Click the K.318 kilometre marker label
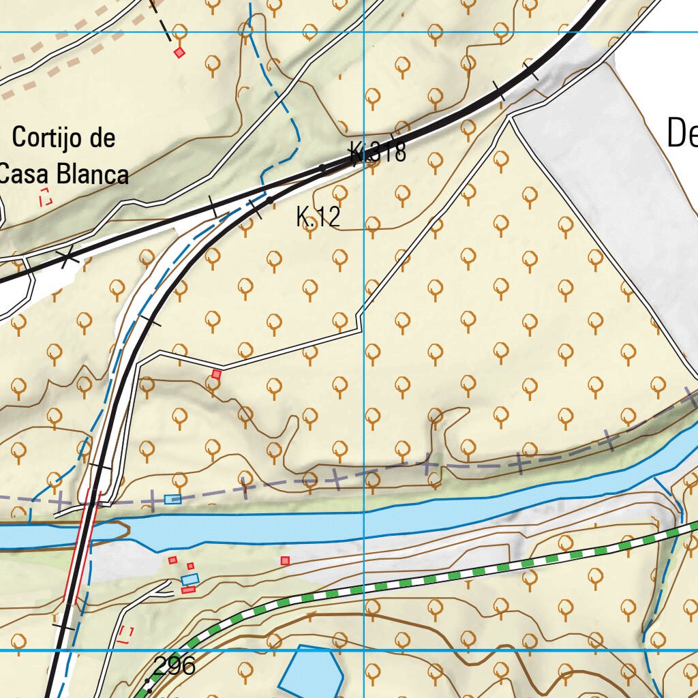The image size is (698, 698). pyautogui.click(x=378, y=152)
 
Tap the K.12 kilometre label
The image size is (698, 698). pyautogui.click(x=318, y=217)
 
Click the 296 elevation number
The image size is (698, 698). pyautogui.click(x=174, y=665)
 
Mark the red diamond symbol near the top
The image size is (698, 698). pyautogui.click(x=179, y=52)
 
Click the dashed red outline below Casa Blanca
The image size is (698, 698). pyautogui.click(x=46, y=198)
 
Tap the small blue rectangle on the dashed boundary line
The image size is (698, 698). pyautogui.click(x=173, y=500)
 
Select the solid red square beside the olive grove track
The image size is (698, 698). pyautogui.click(x=217, y=374)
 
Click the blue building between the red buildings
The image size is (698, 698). pyautogui.click(x=190, y=579)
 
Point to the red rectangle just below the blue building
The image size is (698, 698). pyautogui.click(x=189, y=590)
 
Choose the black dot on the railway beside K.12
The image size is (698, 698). pyautogui.click(x=271, y=199)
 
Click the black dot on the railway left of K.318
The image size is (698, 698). pyautogui.click(x=323, y=167)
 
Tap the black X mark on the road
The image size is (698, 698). pyautogui.click(x=67, y=258)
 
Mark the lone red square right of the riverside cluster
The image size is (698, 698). pyautogui.click(x=285, y=560)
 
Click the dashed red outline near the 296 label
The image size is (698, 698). pyautogui.click(x=125, y=635)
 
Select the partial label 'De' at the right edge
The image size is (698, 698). pyautogui.click(x=682, y=133)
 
